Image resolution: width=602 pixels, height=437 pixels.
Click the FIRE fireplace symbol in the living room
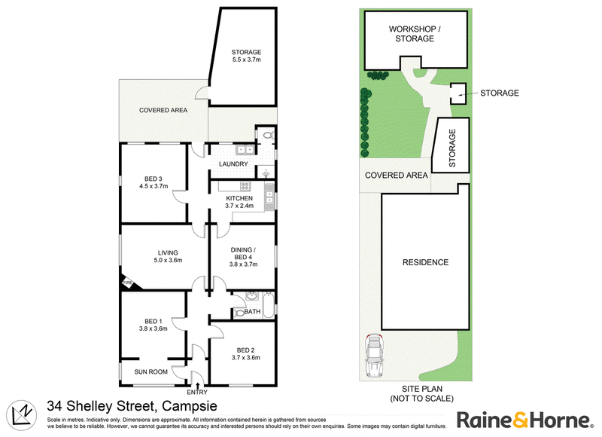129,283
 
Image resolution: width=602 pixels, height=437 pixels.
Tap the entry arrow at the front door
197,386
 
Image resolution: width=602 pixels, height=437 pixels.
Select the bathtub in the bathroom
269,305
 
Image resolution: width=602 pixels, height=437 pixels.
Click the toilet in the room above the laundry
267,135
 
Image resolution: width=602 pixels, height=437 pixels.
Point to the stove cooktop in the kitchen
245,186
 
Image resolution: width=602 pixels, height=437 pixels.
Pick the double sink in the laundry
245,150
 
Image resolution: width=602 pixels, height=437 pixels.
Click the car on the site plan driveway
373,356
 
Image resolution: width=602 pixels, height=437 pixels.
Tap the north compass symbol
22,416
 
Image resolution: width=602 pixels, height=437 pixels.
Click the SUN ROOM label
151,372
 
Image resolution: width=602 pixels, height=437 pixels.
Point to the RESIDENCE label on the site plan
425,262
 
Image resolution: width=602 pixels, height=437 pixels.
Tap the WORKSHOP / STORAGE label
415,34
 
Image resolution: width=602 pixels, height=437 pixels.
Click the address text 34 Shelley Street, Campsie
132,406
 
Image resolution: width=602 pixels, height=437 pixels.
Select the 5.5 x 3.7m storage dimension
247,60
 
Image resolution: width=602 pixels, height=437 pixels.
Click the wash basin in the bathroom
252,296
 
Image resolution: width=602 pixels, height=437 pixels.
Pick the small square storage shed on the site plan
458,93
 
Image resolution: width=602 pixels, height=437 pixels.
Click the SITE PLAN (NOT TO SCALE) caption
422,394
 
